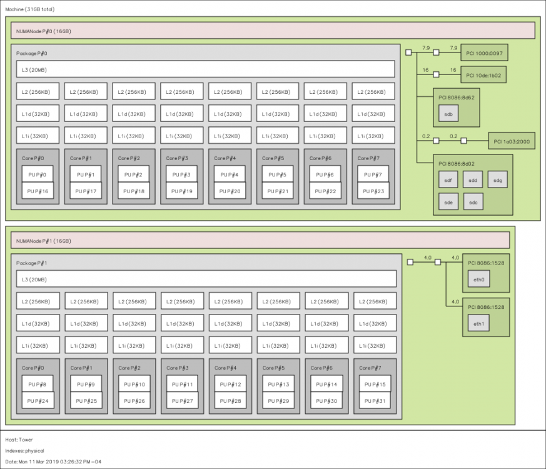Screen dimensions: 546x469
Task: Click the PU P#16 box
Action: tap(38, 191)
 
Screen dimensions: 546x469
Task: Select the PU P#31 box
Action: tap(375, 400)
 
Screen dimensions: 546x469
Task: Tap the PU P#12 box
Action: tap(230, 384)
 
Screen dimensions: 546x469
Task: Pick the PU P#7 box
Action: tap(373, 174)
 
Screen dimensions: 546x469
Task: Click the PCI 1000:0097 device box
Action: tap(484, 53)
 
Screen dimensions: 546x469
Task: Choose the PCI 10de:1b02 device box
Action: tap(483, 75)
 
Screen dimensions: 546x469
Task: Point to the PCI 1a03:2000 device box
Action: tap(512, 141)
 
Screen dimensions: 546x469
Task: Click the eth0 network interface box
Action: tap(478, 280)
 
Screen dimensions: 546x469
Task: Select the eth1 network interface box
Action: tap(478, 323)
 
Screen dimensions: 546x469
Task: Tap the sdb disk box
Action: tap(448, 114)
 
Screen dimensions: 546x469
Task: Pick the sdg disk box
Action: tap(498, 179)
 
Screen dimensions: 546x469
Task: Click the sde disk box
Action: tap(448, 202)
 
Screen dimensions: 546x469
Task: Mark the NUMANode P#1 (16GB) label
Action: tap(44, 241)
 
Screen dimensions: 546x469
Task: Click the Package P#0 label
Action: tap(32, 53)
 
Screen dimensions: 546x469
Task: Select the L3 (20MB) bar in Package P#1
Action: tap(206, 279)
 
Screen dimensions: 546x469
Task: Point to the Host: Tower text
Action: tap(19, 440)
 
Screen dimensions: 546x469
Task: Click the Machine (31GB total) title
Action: tap(29, 9)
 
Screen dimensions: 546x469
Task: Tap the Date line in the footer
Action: tap(53, 461)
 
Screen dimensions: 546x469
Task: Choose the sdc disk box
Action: tap(473, 202)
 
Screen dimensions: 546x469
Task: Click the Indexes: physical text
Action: tap(24, 450)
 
